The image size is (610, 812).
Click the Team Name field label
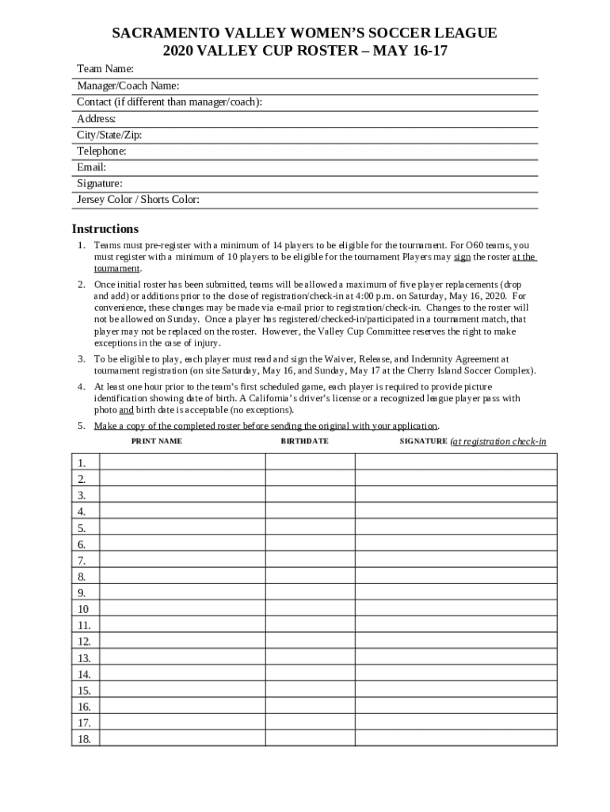(105, 69)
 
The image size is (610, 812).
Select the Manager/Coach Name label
(128, 86)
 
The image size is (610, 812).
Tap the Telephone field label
(101, 151)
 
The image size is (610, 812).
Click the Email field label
(91, 167)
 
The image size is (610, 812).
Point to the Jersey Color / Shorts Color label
(138, 200)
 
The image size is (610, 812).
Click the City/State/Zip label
(109, 135)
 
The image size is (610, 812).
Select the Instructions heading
(105, 229)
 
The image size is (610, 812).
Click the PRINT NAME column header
(156, 441)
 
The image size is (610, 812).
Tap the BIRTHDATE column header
(304, 441)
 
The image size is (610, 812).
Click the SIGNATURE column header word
(423, 441)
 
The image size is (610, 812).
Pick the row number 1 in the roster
(82, 462)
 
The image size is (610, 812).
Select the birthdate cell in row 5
(310, 527)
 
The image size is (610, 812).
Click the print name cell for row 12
(181, 642)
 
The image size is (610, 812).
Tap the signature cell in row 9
(456, 592)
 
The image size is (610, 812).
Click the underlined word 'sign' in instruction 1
(462, 257)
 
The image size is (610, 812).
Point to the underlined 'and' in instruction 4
(126, 410)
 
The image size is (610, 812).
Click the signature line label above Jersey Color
(99, 183)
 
